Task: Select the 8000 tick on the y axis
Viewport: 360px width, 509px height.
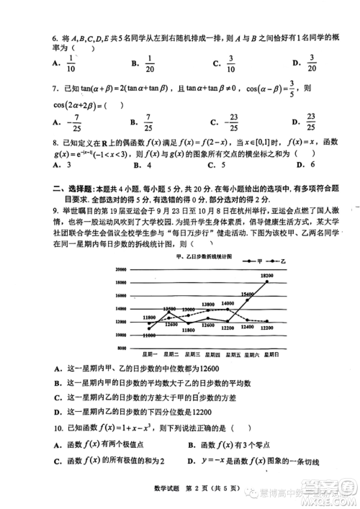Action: click(122, 347)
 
